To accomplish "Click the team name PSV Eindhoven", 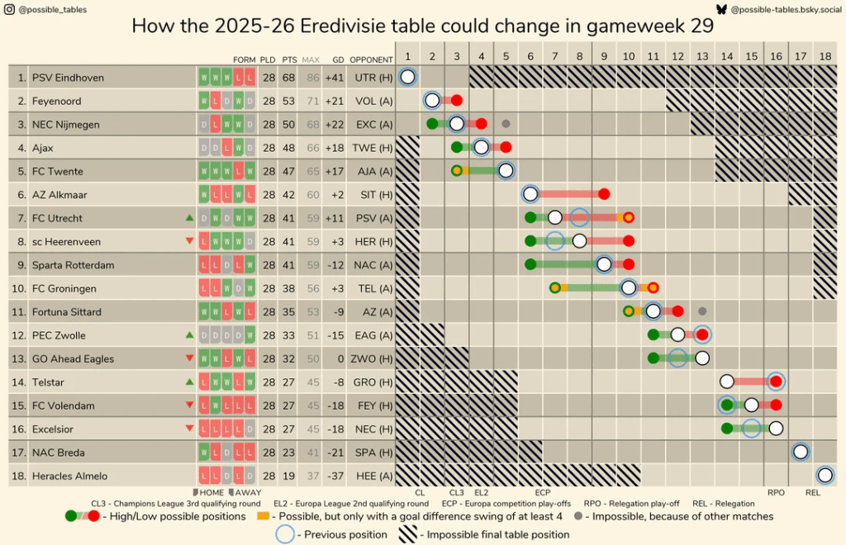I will (x=68, y=78).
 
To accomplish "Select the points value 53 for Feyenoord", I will (x=289, y=101).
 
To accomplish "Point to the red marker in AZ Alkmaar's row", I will (x=604, y=195).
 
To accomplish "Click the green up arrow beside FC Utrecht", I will (x=190, y=218).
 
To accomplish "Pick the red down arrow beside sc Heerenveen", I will (x=190, y=241).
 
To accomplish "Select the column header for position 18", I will (x=825, y=56).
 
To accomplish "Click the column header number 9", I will (x=604, y=56).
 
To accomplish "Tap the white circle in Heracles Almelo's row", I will (x=825, y=475).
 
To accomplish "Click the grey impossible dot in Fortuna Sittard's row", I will (x=702, y=311).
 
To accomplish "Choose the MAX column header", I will (x=311, y=59).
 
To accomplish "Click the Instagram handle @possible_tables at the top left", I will (x=51, y=9).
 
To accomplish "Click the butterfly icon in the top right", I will (x=721, y=9).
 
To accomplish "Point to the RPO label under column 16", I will (x=776, y=492).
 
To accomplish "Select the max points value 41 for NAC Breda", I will (x=311, y=453).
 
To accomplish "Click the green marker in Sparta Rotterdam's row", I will (x=530, y=265).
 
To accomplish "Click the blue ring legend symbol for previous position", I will (x=285, y=534).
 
